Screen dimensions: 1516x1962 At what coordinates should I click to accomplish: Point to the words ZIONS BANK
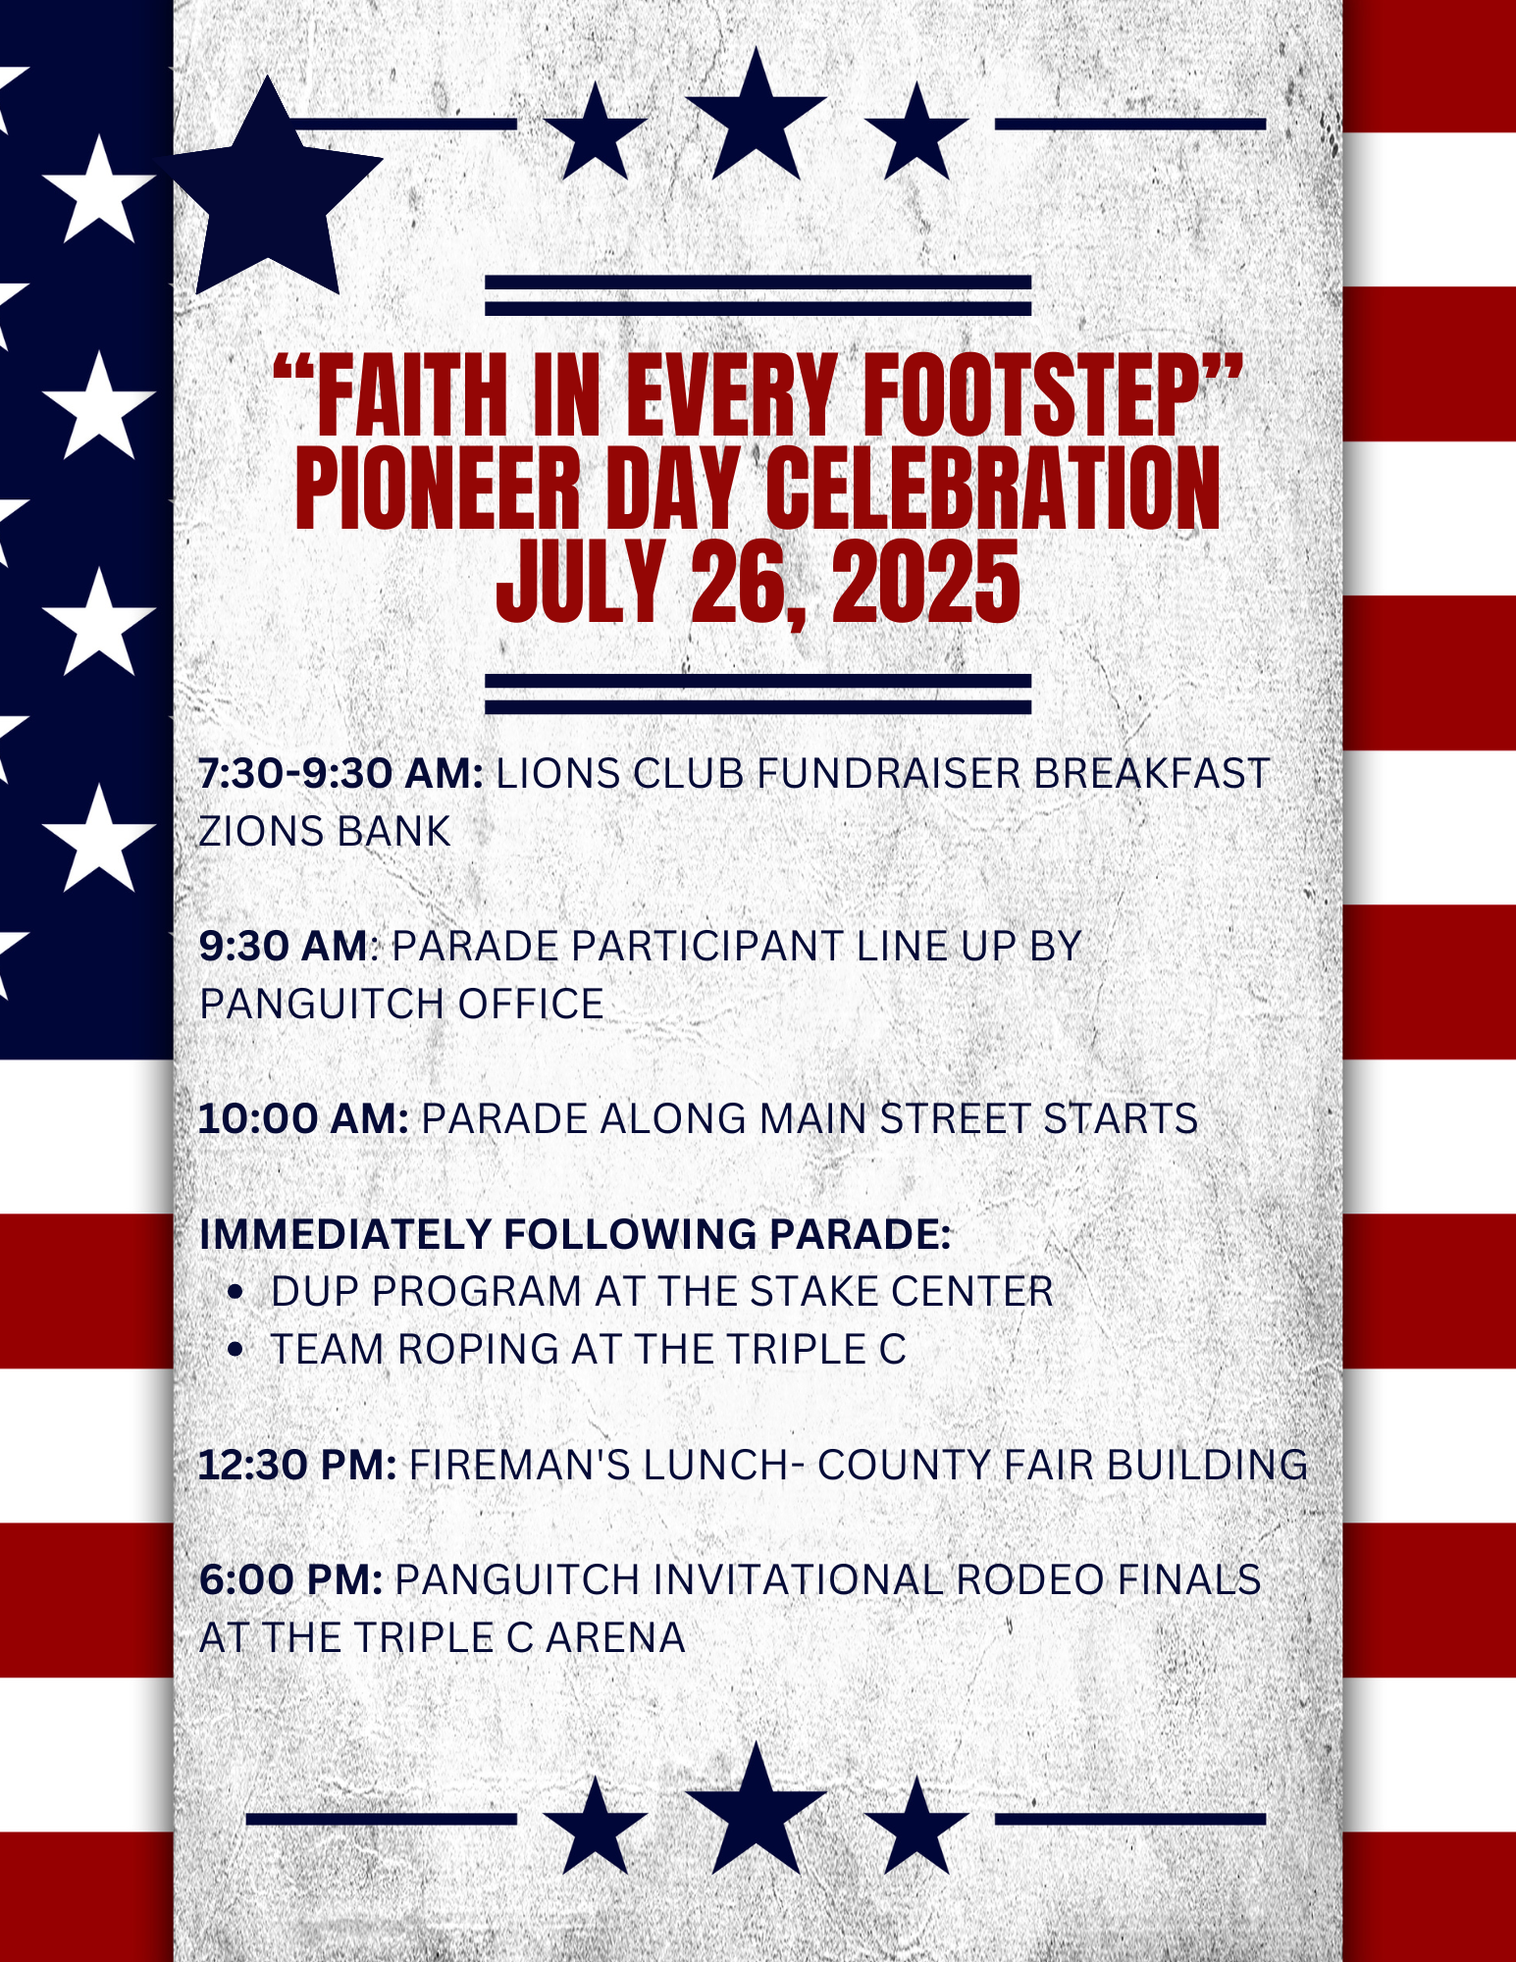(x=325, y=832)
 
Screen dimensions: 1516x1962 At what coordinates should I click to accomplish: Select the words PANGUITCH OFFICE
(x=401, y=1005)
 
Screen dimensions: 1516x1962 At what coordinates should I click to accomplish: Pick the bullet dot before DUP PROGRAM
(x=235, y=1293)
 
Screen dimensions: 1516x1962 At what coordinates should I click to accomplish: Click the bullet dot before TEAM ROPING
(x=235, y=1351)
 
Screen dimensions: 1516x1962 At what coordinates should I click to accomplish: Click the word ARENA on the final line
(x=615, y=1638)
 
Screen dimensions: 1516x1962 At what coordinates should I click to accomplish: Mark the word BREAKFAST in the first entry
(x=1152, y=774)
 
